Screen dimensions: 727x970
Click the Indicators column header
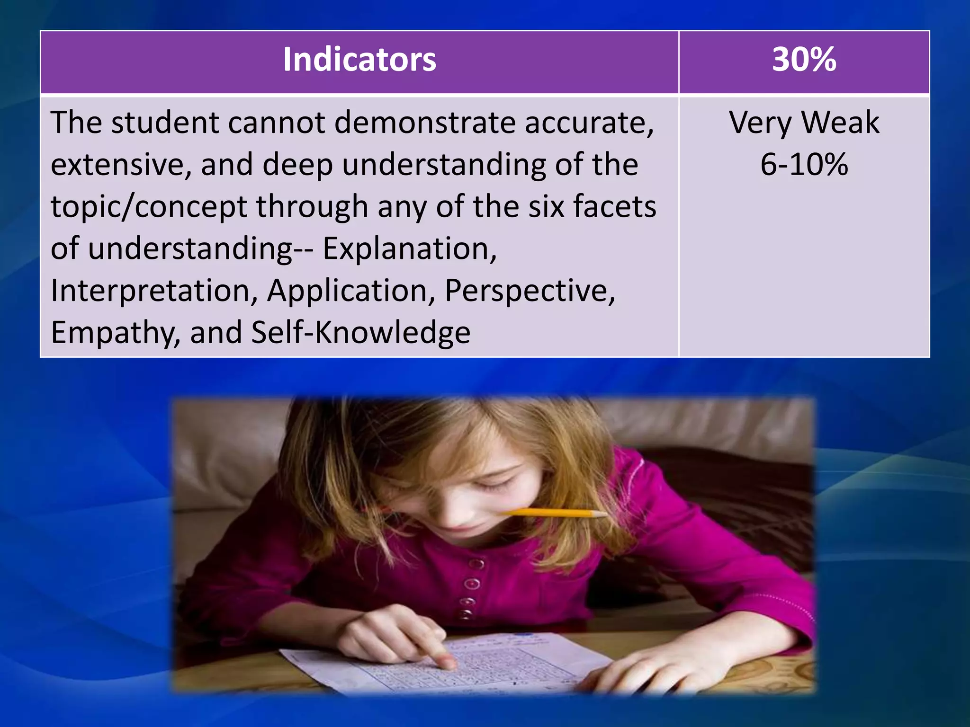(x=359, y=60)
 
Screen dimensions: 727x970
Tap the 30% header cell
(x=804, y=60)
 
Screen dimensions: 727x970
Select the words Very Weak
(x=804, y=123)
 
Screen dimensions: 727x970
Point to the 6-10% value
(x=804, y=165)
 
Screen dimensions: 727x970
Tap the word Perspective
(x=529, y=291)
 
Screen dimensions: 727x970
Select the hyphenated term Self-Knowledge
(x=360, y=333)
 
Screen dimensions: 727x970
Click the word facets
(x=614, y=207)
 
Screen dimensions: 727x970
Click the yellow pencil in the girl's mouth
(x=559, y=512)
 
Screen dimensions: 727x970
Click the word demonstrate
(x=425, y=123)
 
